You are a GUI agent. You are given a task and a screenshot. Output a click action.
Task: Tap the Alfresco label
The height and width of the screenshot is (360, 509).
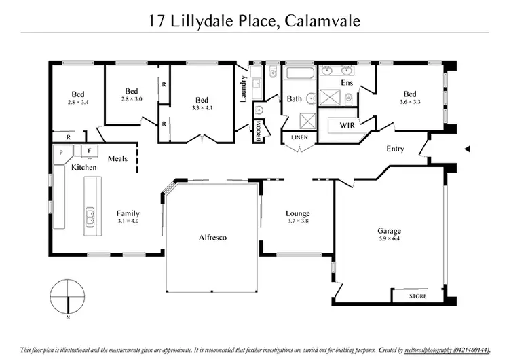(212, 238)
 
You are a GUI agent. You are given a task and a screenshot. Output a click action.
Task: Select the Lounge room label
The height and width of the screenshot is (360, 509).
(298, 213)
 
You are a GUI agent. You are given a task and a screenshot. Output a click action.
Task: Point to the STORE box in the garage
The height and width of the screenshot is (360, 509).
(417, 298)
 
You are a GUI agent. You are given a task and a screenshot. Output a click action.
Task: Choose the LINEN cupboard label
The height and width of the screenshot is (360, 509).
(299, 138)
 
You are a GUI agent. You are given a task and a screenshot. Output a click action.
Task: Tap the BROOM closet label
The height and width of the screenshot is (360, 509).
(259, 131)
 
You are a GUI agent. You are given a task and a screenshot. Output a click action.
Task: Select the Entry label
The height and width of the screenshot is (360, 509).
(395, 149)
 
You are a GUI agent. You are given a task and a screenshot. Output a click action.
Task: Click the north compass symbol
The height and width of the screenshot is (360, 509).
(69, 297)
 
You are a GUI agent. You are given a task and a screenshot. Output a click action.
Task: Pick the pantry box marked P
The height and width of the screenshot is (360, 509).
(62, 153)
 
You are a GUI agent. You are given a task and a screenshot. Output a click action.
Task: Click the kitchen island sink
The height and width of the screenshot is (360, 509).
(90, 217)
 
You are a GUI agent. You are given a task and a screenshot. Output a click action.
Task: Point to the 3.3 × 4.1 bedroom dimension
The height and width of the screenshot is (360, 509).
(202, 107)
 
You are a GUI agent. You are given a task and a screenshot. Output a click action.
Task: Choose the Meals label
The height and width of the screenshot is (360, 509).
(117, 158)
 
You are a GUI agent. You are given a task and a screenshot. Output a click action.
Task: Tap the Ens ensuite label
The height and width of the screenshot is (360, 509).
(347, 83)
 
